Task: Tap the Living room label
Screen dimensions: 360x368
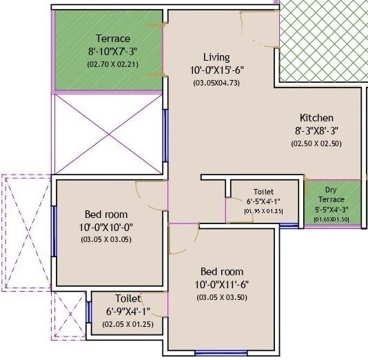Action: pyautogui.click(x=216, y=57)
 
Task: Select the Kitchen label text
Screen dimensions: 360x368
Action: pyautogui.click(x=316, y=117)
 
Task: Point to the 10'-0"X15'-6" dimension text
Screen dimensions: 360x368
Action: pyautogui.click(x=216, y=70)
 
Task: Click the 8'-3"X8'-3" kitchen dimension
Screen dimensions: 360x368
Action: pyautogui.click(x=316, y=130)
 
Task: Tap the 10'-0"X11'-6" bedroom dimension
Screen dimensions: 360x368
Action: pyautogui.click(x=222, y=284)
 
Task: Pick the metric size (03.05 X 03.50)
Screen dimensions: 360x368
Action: pyautogui.click(x=222, y=297)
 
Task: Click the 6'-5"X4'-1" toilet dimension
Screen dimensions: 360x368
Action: pyautogui.click(x=263, y=201)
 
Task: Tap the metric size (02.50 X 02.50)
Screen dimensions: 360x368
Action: pyautogui.click(x=316, y=143)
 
